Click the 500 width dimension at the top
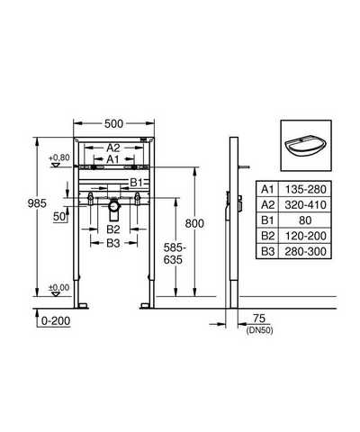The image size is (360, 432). (113, 123)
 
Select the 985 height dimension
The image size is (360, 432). (37, 203)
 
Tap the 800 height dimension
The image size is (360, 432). (194, 223)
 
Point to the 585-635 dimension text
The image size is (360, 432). (173, 254)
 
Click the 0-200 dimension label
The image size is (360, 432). (56, 321)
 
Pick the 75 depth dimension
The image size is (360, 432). (259, 319)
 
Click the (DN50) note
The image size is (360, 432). (259, 330)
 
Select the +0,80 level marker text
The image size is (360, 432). (59, 157)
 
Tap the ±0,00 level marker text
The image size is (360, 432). (59, 287)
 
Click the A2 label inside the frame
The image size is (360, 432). (113, 148)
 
